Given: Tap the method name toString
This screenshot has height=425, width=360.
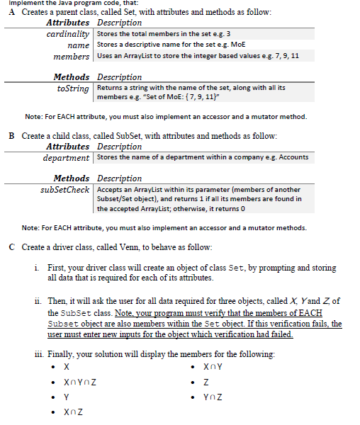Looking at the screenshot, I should pos(72,89).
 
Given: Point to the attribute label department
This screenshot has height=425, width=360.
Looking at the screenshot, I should pos(66,157).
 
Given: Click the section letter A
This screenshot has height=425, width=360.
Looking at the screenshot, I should pos(12,13).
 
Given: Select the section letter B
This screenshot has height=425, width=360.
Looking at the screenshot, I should pos(12,136).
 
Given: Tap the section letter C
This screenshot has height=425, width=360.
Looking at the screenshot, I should pos(12,246).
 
